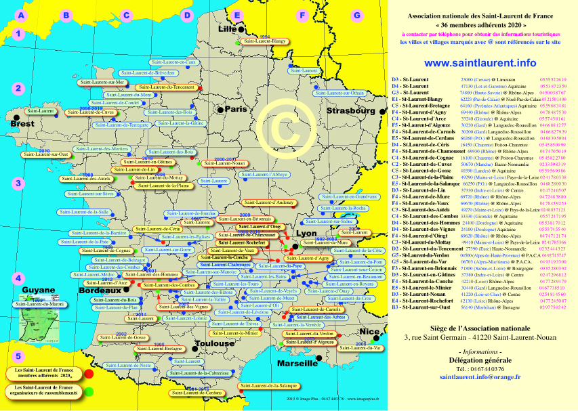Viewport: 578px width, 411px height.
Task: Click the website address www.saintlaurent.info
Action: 480,63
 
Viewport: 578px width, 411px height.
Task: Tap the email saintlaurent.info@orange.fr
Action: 480,376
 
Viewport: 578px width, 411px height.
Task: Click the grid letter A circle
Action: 22,15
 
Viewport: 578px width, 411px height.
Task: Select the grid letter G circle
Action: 356,15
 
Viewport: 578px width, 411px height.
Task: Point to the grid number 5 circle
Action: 19,355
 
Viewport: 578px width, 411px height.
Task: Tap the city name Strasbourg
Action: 350,110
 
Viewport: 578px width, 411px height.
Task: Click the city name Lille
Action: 228,29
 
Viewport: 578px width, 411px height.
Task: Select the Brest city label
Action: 22,124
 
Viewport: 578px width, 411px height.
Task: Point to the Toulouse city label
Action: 213,343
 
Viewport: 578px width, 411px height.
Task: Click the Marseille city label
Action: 297,363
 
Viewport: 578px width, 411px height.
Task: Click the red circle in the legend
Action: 89,372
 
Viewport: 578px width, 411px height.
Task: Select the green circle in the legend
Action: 89,391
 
